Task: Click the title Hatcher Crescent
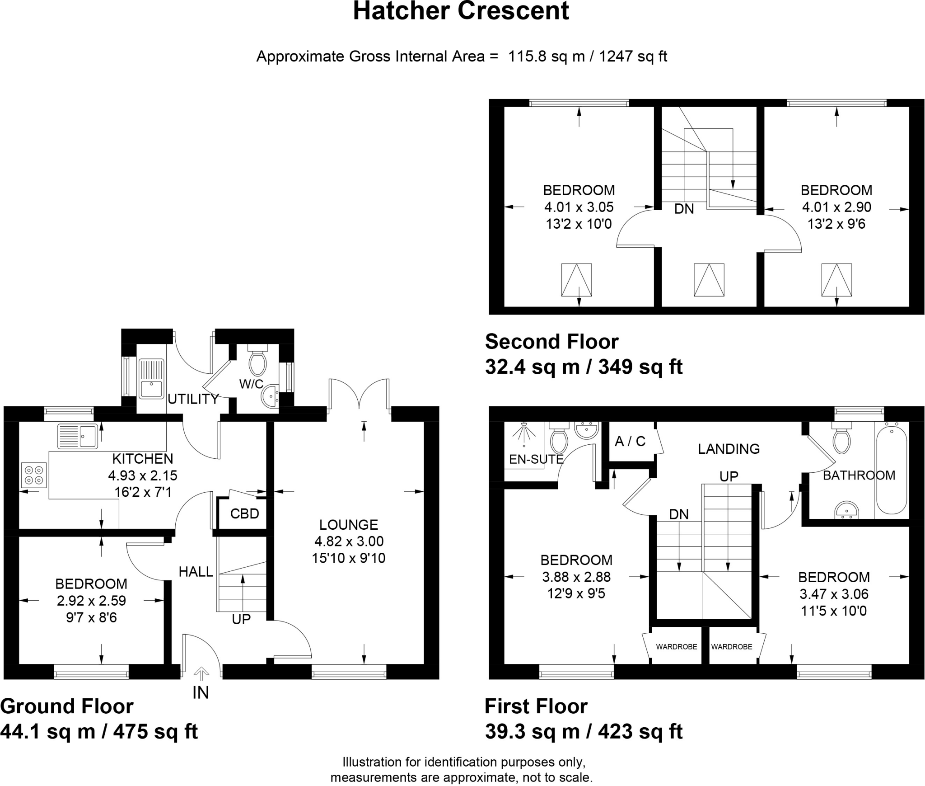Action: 461,11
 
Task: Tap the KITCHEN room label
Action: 142,459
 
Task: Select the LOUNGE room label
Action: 348,525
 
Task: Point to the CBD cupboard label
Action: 244,513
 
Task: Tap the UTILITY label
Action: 193,399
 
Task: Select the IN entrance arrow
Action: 201,674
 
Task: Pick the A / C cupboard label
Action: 630,441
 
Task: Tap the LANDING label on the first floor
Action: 729,449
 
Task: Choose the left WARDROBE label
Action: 677,647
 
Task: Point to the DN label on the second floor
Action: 684,209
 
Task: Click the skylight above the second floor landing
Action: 709,280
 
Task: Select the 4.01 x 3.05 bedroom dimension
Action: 579,207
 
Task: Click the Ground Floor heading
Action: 67,706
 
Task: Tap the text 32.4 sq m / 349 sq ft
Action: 584,367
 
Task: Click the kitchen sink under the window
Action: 78,436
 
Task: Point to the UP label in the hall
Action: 241,619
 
